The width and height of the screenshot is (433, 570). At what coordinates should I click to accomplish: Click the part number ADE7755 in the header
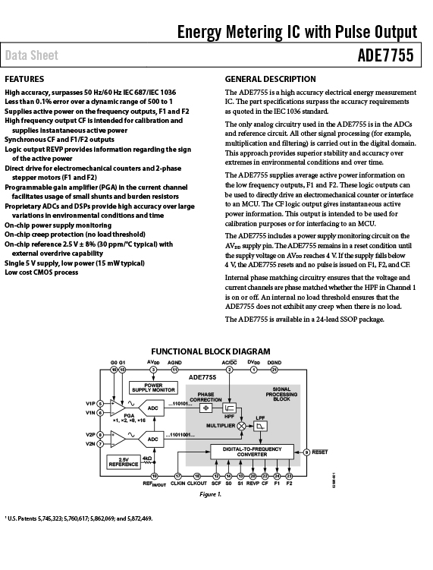(x=385, y=55)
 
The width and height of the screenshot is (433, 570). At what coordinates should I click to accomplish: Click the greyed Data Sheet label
(x=32, y=55)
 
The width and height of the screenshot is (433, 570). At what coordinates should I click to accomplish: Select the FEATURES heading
(x=24, y=79)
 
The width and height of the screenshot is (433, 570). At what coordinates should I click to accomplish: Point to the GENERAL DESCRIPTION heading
(x=270, y=79)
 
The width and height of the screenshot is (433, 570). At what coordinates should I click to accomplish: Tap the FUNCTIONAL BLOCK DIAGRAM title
(x=211, y=351)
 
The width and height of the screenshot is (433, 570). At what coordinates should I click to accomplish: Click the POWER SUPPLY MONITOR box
(x=153, y=388)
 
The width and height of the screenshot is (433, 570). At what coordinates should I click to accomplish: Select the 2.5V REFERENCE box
(x=124, y=462)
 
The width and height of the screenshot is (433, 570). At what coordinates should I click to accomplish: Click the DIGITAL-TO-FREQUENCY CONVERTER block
(x=252, y=452)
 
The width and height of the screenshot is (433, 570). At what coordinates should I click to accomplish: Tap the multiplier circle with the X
(x=241, y=426)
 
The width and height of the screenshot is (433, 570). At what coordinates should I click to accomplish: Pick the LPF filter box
(x=260, y=426)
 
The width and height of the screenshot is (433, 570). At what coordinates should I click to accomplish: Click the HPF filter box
(x=229, y=408)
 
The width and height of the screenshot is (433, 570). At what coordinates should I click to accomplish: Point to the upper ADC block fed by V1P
(x=152, y=408)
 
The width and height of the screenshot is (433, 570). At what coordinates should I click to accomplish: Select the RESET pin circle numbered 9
(x=306, y=452)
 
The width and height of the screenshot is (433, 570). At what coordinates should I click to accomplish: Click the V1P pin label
(x=90, y=404)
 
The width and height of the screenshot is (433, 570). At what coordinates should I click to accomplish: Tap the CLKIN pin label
(x=177, y=483)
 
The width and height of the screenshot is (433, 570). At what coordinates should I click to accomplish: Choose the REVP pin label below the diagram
(x=253, y=483)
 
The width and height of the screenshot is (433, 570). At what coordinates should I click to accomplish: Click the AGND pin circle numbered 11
(x=174, y=370)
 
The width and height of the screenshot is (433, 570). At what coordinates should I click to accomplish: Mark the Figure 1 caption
(x=210, y=494)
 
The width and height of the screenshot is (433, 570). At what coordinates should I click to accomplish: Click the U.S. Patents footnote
(x=78, y=518)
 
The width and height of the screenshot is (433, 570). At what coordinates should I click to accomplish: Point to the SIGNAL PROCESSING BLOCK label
(x=281, y=394)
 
